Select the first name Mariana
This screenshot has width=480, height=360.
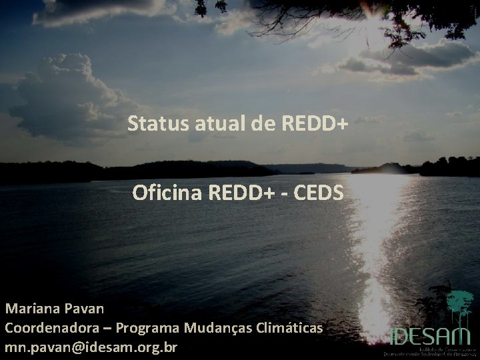33,309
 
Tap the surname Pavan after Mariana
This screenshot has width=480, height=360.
84,309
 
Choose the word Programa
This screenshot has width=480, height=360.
147,329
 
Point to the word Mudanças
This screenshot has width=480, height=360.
216,329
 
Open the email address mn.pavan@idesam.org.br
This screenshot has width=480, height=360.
91,347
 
